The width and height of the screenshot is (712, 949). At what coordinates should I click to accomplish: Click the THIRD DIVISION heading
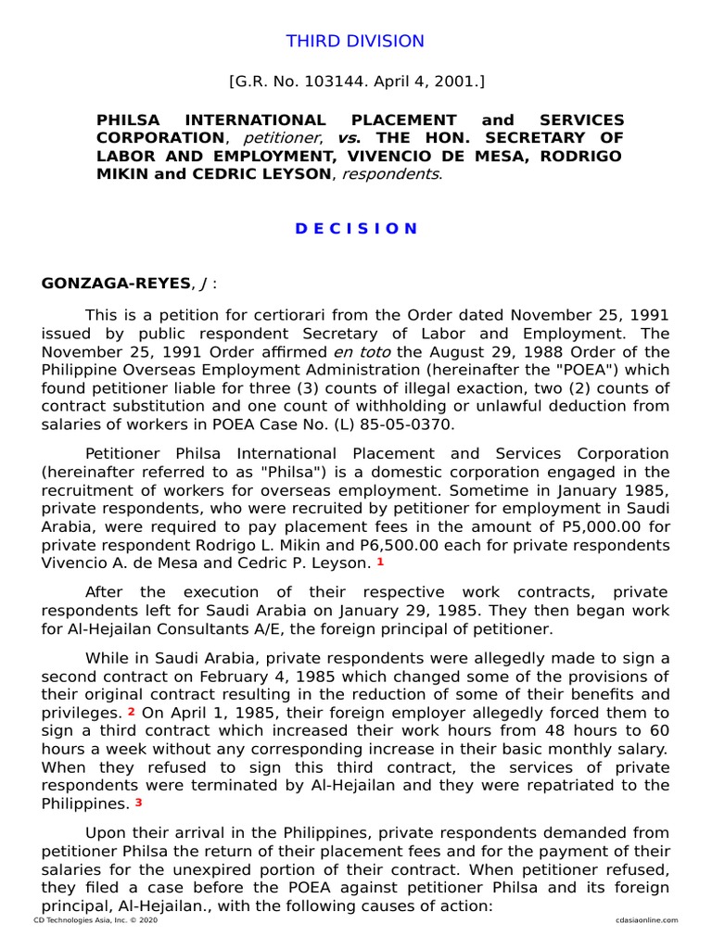(x=355, y=41)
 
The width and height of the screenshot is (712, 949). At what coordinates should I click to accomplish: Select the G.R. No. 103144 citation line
(x=356, y=82)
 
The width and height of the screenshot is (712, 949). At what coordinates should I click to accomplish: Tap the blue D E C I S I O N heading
(x=356, y=228)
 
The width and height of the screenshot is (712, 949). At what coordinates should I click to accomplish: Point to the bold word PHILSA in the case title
(x=128, y=120)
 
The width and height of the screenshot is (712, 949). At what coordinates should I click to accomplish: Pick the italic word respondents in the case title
(x=388, y=173)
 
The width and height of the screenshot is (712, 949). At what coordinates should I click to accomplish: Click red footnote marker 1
(x=379, y=562)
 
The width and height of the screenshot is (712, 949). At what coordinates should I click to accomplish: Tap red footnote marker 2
(x=132, y=712)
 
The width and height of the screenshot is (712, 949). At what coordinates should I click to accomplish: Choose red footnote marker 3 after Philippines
(x=138, y=802)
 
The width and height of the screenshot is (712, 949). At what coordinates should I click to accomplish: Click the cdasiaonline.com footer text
(x=645, y=920)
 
